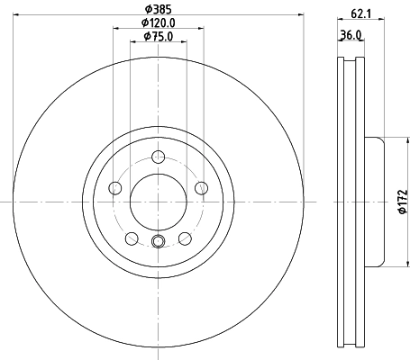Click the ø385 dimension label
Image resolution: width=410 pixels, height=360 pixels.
pos(159,9)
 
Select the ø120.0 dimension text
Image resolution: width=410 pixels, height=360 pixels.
pos(159,22)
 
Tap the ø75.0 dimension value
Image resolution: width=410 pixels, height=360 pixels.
pos(159,36)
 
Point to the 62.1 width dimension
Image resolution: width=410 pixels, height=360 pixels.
pos(360,13)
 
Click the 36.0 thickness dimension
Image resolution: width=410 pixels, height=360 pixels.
pos(351,35)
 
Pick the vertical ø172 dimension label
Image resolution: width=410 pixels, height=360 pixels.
pos(403,202)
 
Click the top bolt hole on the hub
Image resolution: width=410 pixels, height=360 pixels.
pos(159,157)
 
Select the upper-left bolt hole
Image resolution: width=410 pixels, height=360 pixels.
pos(115,188)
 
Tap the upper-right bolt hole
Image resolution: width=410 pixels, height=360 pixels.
pos(202,188)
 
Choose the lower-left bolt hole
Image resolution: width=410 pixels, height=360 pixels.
pos(132,238)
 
